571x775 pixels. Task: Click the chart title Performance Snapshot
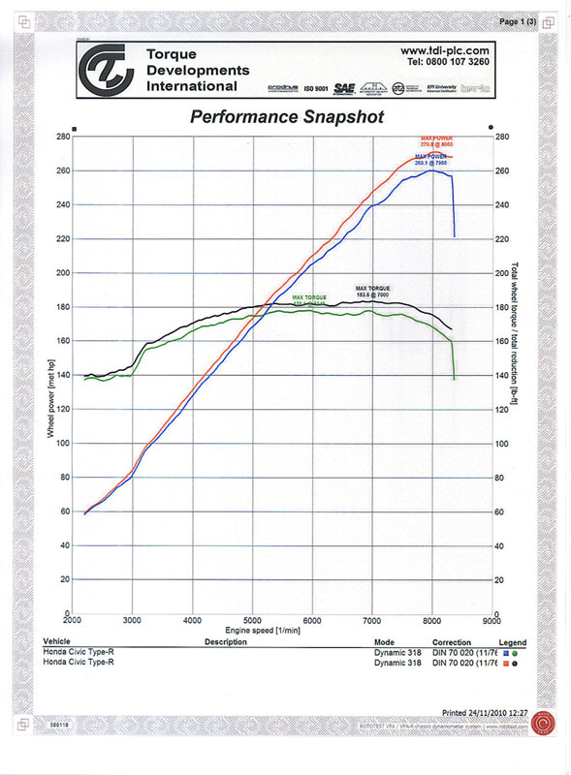click(286, 117)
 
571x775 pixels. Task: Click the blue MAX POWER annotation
click(432, 160)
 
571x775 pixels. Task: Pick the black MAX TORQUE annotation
click(373, 291)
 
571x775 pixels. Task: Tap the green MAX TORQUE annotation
click(310, 299)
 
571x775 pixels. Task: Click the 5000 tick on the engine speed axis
click(252, 620)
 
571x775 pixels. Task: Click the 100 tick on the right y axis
click(502, 444)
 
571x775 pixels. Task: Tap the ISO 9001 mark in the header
click(316, 88)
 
